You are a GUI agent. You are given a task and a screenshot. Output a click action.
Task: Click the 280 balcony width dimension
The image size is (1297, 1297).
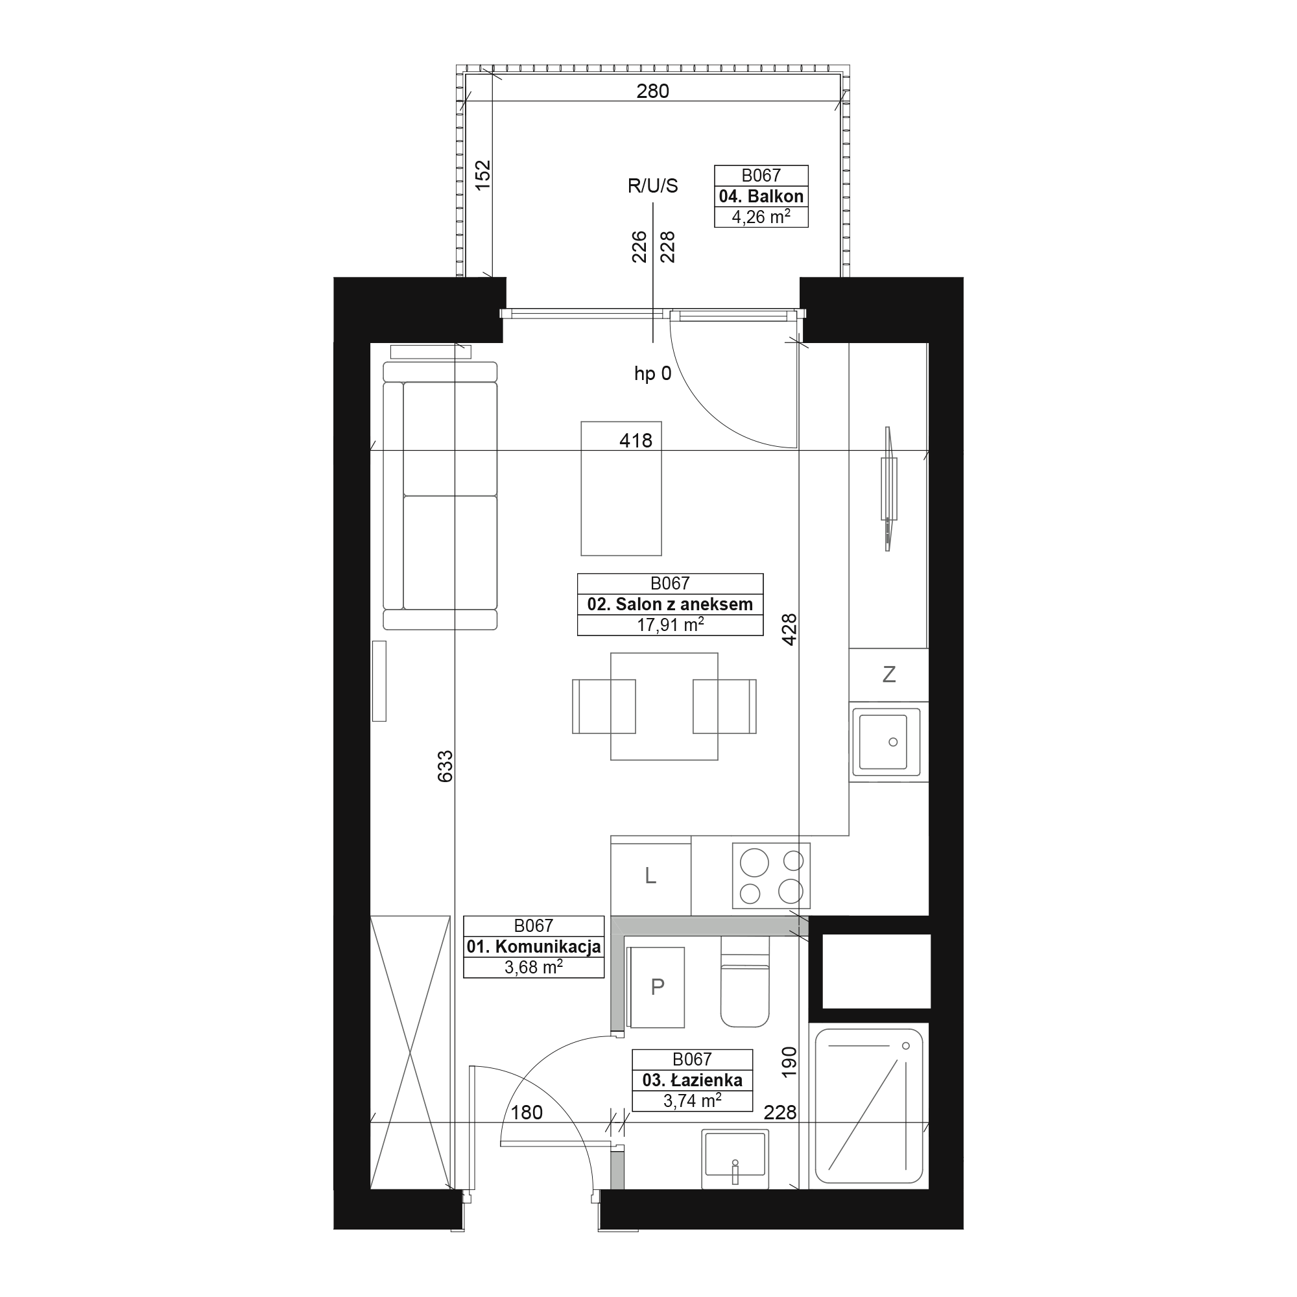pos(652,91)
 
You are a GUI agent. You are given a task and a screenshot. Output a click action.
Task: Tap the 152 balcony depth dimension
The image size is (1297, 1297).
pos(483,174)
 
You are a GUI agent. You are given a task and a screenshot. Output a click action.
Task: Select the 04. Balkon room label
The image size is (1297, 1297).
pos(761,196)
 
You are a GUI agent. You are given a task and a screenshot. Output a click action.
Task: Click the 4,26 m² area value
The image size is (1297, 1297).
pos(761,217)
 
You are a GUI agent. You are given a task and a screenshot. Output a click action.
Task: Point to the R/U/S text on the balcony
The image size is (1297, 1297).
pos(652,186)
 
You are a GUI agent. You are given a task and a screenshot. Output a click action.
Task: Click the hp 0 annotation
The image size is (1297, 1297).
pos(652,374)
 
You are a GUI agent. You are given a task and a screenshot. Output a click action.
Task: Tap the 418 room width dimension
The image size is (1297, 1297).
pos(636,440)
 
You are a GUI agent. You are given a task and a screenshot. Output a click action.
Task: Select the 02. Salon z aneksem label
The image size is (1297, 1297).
pos(670,604)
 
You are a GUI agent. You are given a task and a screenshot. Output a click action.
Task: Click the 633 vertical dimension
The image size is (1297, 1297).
pos(446,766)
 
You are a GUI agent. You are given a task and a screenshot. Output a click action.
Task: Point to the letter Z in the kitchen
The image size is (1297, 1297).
pos(889,674)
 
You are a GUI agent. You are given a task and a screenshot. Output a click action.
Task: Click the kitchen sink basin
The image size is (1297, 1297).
pos(883,742)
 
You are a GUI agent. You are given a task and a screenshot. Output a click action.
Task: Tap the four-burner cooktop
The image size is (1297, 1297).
pos(771,875)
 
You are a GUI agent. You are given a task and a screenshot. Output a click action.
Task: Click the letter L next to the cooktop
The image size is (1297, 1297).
pos(650,875)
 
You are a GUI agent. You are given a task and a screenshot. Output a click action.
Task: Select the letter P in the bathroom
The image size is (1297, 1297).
pos(657,986)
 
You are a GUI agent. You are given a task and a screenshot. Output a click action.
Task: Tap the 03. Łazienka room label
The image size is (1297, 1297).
pos(692,1080)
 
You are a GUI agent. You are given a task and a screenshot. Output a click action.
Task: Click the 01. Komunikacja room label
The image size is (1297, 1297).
pos(534,947)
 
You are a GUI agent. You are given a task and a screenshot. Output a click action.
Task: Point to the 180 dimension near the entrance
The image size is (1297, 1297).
pos(527,1112)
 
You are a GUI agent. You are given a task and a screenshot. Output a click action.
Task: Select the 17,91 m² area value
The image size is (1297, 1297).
pos(670,625)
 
